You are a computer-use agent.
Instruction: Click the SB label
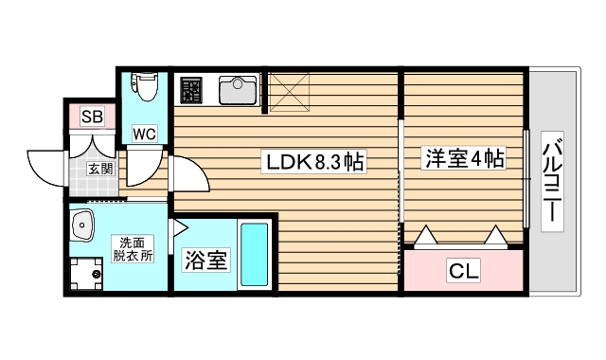(91, 117)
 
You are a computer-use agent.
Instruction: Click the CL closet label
(464, 273)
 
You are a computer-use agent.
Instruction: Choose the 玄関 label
(100, 170)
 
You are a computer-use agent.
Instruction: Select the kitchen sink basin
(237, 91)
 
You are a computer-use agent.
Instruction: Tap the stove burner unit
(192, 91)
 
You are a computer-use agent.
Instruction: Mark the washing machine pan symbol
(89, 276)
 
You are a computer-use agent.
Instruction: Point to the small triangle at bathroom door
(177, 226)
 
